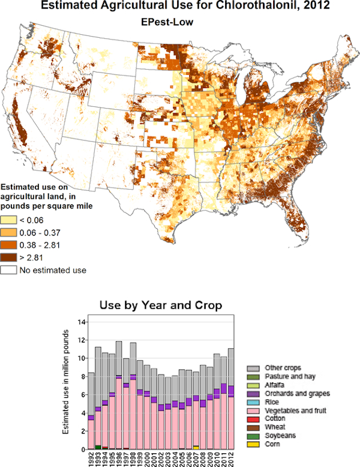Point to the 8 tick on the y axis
(82, 377)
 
